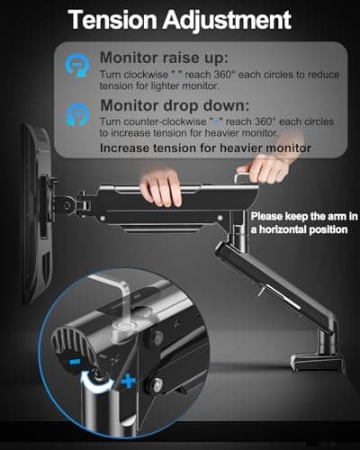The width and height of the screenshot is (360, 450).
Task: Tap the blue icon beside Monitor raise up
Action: tap(78, 64)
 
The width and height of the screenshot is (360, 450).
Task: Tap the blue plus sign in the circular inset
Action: tap(129, 382)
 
